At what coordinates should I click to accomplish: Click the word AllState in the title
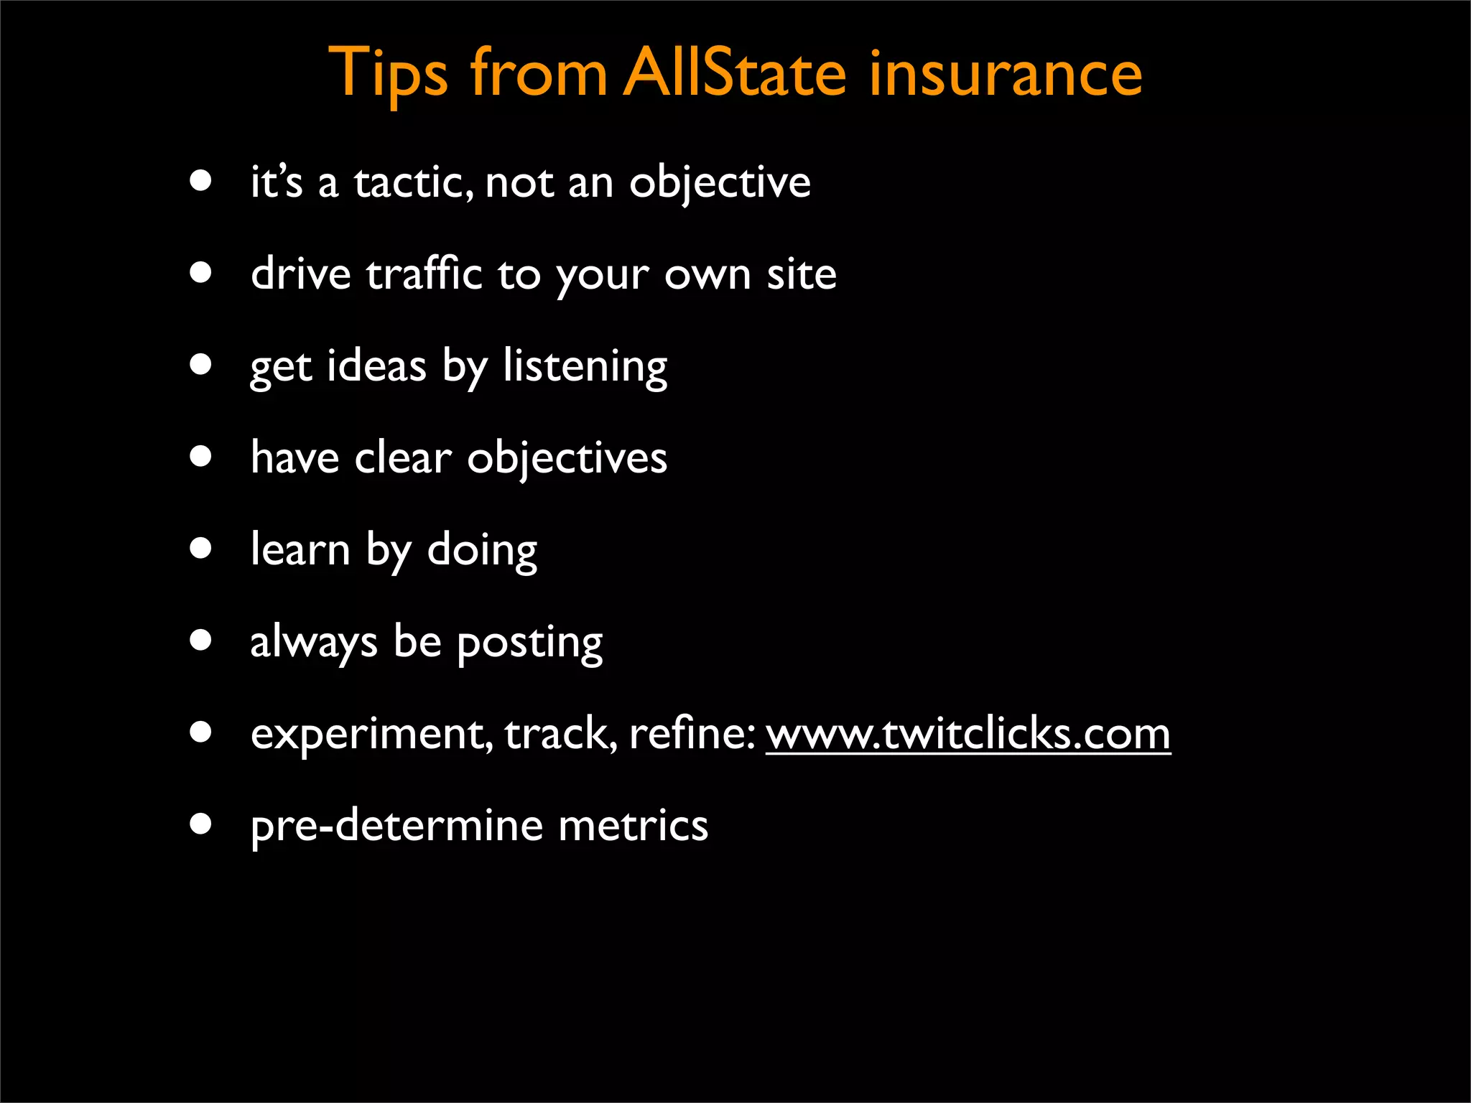pos(734,73)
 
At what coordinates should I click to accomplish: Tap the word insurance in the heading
pos(1005,73)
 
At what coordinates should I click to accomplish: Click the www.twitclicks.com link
pos(967,734)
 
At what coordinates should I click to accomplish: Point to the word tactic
pos(413,182)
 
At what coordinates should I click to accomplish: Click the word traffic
pos(424,274)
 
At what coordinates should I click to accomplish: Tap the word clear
pos(403,458)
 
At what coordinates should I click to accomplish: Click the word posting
pos(529,643)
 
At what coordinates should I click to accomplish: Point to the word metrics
pos(633,826)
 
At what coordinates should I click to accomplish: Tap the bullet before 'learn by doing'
pos(201,549)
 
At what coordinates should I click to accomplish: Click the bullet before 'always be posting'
pos(201,640)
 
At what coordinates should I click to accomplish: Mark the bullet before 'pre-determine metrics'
pos(201,824)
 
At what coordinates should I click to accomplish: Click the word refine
pos(690,734)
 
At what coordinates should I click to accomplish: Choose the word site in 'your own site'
pos(801,274)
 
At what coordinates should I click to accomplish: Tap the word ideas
pos(376,366)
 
